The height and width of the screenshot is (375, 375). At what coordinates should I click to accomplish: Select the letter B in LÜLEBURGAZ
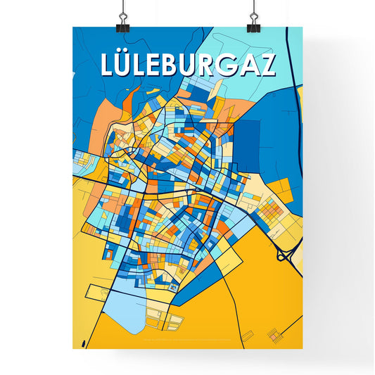pyautogui.click(x=167, y=65)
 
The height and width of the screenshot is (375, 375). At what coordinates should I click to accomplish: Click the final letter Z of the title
pyautogui.click(x=266, y=65)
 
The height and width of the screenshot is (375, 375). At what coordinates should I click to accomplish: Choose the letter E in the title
pyautogui.click(x=151, y=65)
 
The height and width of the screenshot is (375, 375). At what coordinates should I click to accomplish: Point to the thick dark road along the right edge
pyautogui.click(x=297, y=141)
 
